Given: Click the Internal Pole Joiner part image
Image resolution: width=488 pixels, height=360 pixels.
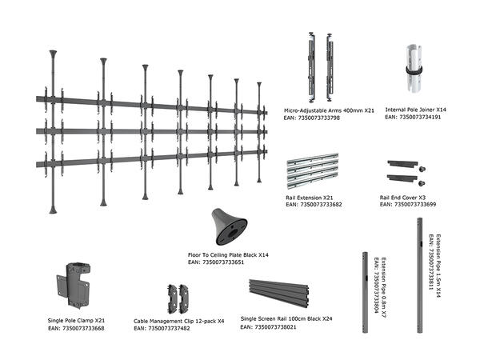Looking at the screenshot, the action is pyautogui.click(x=414, y=69).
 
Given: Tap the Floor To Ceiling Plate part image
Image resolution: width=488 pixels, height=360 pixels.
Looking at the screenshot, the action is pyautogui.click(x=230, y=226).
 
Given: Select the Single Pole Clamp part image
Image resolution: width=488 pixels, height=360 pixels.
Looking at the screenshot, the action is pyautogui.click(x=74, y=285).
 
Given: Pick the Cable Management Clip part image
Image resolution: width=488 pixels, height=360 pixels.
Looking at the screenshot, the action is pyautogui.click(x=178, y=298).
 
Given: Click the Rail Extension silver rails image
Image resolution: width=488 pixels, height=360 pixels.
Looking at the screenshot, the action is pyautogui.click(x=313, y=171).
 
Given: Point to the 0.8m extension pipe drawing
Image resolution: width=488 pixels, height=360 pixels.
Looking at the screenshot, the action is pyautogui.click(x=365, y=292).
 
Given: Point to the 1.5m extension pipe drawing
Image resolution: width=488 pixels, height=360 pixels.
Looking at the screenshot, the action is pyautogui.click(x=420, y=275).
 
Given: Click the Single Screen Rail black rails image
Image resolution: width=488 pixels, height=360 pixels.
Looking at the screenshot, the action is pyautogui.click(x=278, y=293).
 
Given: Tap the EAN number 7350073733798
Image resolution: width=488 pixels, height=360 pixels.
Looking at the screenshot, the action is pyautogui.click(x=319, y=118).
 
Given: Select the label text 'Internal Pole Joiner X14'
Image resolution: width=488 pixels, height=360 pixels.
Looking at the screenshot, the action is pyautogui.click(x=415, y=110).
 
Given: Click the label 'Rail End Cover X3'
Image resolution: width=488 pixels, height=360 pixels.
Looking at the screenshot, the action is pyautogui.click(x=402, y=198).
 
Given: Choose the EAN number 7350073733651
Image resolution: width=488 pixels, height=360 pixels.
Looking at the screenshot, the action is pyautogui.click(x=223, y=262).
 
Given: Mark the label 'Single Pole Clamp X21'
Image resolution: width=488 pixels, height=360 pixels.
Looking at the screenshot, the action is pyautogui.click(x=76, y=321).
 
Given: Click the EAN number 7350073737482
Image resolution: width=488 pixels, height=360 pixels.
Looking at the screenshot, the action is pyautogui.click(x=169, y=329).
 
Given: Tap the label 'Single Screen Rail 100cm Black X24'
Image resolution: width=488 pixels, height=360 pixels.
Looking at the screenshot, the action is pyautogui.click(x=286, y=319).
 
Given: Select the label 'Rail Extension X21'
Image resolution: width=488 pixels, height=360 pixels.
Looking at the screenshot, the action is pyautogui.click(x=310, y=198).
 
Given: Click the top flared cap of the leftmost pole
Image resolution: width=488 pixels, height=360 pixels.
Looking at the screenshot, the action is pyautogui.click(x=53, y=54).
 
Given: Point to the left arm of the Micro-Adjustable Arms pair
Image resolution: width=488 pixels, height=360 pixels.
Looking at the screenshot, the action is pyautogui.click(x=311, y=67).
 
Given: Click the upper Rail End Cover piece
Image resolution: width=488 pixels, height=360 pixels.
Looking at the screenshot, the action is pyautogui.click(x=406, y=165).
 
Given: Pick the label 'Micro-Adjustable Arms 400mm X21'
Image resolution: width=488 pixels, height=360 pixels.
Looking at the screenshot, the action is pyautogui.click(x=329, y=110).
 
